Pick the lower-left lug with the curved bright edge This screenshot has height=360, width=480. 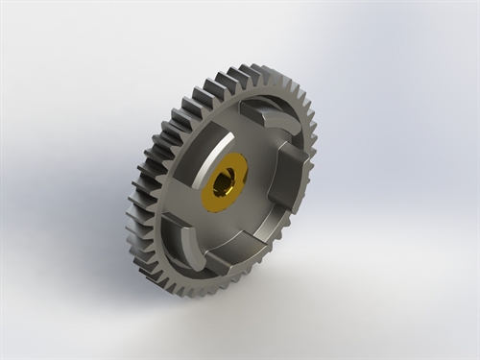(x=182, y=236)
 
